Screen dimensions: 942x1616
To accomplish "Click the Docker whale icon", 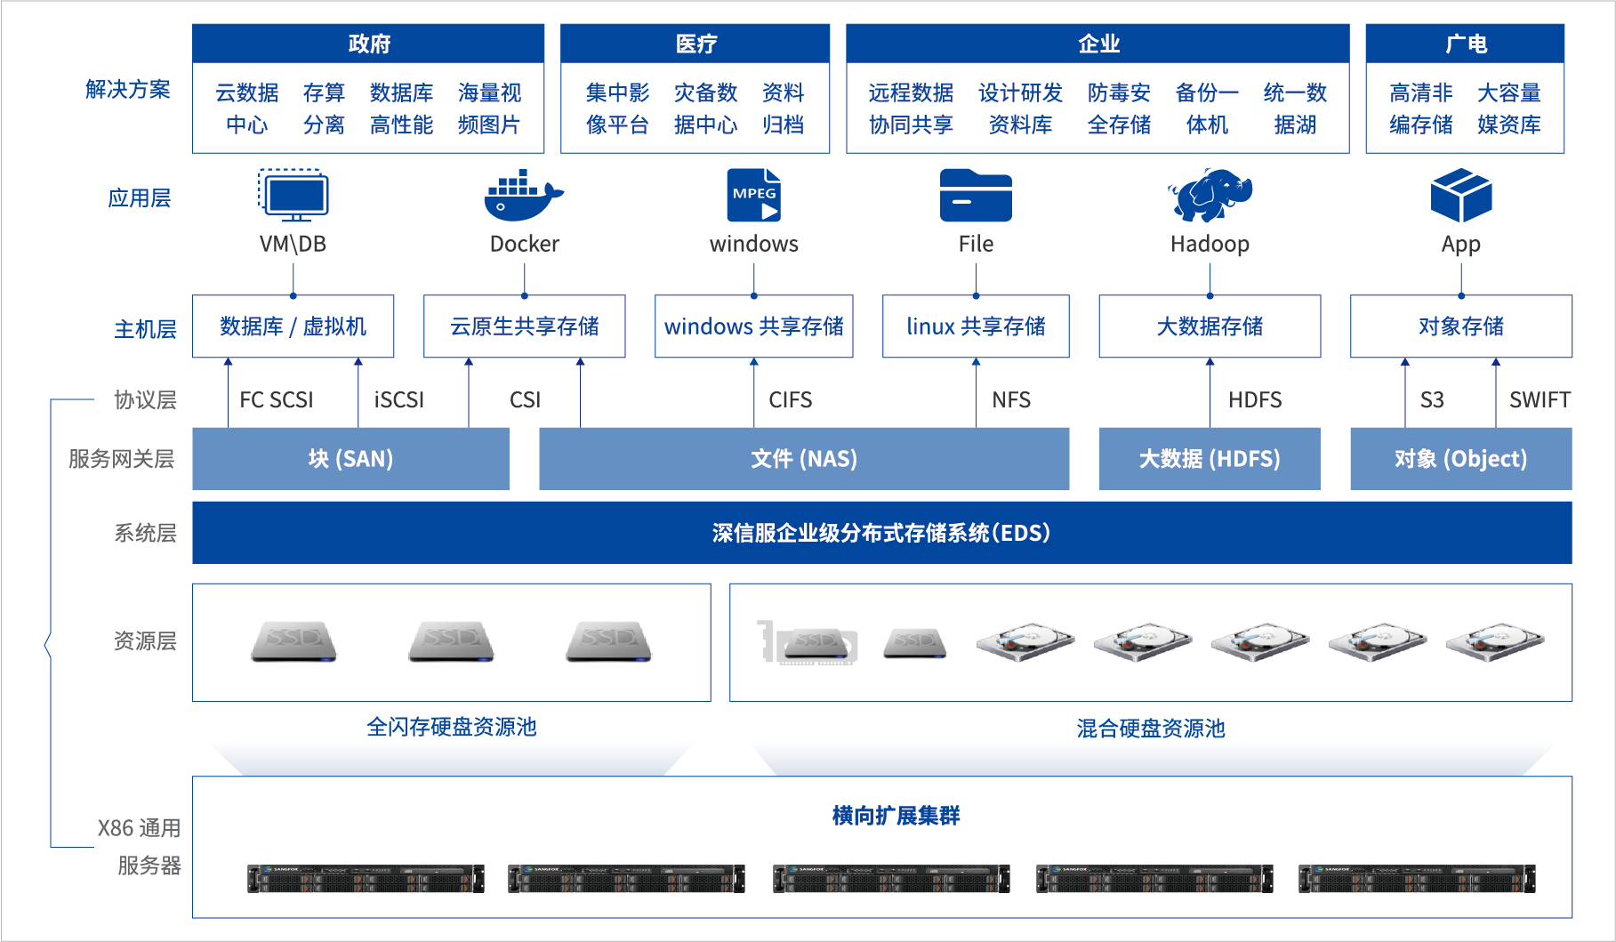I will tap(523, 196).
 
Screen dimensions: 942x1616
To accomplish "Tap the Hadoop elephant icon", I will tap(1210, 195).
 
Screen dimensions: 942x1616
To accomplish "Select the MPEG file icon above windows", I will tap(753, 195).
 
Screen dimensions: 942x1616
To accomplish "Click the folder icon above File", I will tap(976, 196).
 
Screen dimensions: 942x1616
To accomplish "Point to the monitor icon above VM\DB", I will tap(293, 195).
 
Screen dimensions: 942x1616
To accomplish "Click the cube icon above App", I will tap(1460, 195).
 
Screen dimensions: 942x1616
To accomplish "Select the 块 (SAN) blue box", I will tap(350, 458).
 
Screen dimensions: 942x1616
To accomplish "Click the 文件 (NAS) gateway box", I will tap(803, 458).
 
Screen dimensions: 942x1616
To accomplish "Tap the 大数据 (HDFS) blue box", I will tap(1210, 458).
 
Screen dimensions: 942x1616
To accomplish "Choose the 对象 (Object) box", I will tap(1460, 458).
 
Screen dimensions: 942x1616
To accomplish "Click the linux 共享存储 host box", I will tap(976, 326).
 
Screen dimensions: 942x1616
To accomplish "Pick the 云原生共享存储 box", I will tap(524, 326).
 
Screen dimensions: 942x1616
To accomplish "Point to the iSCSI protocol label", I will tap(398, 399).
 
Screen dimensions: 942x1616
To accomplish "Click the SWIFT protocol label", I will tap(1539, 399).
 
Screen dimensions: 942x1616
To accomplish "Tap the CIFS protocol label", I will tap(790, 399).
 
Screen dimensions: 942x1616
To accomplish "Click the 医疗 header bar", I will tap(695, 43).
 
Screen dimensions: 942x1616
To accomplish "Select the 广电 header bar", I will tap(1465, 43).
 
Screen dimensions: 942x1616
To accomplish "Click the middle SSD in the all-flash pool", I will tap(451, 641).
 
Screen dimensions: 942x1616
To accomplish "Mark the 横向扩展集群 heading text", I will tap(896, 815).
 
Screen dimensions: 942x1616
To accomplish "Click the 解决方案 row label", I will tap(127, 89).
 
